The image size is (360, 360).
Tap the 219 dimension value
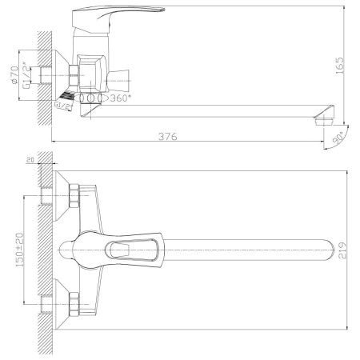(342, 249)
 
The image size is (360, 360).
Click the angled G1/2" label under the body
(65, 102)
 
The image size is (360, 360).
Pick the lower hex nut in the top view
(74, 305)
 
